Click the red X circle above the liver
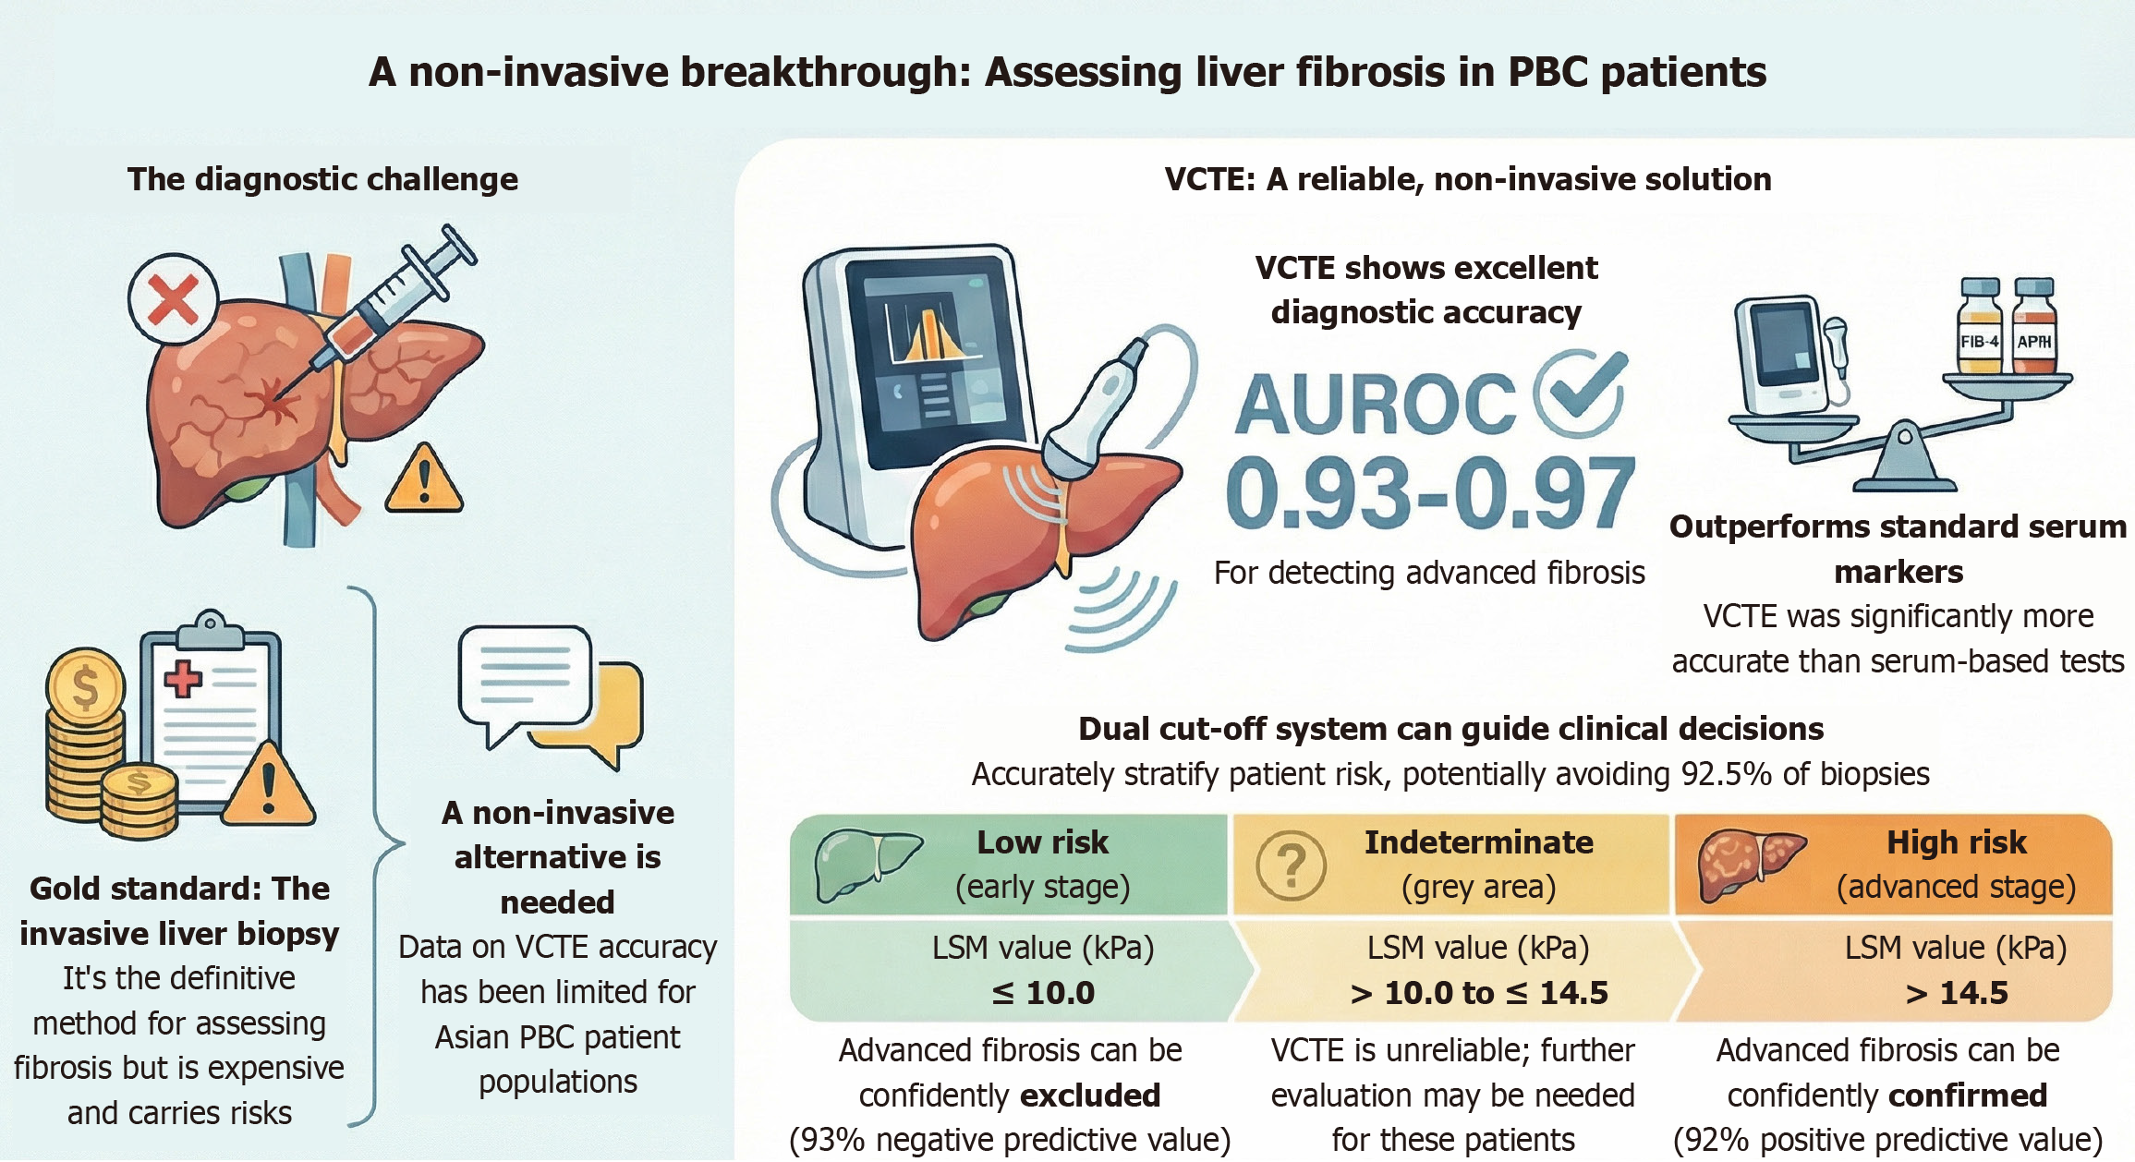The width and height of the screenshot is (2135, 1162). click(173, 299)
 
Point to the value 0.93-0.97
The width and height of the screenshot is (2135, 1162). click(1429, 494)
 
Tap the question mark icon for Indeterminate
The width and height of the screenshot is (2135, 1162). click(1292, 865)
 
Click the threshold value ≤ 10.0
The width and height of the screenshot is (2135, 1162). click(1043, 993)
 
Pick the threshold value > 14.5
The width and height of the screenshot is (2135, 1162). click(1957, 993)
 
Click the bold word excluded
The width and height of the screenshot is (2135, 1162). click(1090, 1095)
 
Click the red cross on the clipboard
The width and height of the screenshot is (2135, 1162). click(183, 679)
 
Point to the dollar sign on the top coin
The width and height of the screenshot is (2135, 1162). click(85, 686)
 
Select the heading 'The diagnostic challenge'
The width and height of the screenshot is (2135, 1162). click(322, 179)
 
